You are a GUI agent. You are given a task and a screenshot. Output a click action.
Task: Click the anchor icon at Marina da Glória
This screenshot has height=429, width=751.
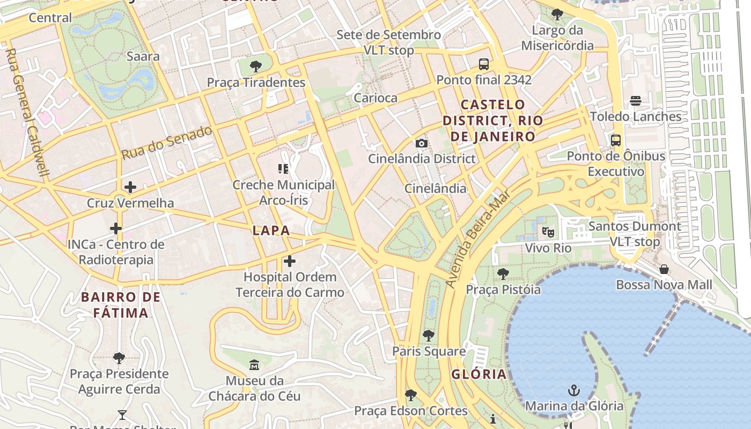click(574, 390)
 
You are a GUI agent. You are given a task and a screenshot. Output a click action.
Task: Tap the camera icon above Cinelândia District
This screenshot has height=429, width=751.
click(422, 143)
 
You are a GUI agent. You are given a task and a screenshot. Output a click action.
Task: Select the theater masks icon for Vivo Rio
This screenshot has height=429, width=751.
click(548, 232)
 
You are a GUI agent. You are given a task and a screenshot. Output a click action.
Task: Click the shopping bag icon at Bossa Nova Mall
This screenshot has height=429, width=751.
click(664, 269)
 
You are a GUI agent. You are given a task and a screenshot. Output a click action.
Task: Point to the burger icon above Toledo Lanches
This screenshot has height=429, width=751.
click(636, 101)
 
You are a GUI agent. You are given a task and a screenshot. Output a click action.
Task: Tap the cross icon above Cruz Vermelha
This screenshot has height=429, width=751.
click(130, 187)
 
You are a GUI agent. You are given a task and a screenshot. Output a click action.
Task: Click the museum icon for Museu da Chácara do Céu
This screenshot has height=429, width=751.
click(254, 365)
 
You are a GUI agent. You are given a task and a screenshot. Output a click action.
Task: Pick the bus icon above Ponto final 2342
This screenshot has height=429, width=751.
click(483, 64)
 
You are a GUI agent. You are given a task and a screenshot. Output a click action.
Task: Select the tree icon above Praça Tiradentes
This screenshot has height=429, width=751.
click(256, 66)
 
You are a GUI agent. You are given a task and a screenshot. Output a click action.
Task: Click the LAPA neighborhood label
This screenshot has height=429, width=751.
click(271, 231)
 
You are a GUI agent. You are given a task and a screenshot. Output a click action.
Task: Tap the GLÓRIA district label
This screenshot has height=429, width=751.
click(479, 374)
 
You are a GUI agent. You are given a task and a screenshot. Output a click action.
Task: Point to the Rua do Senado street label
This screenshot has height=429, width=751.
click(166, 143)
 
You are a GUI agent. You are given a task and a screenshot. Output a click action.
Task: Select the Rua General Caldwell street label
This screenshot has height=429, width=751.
click(27, 113)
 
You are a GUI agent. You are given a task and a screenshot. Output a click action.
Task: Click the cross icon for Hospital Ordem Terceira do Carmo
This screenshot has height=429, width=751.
click(290, 261)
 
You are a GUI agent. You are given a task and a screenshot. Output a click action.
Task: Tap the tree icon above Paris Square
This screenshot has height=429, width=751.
click(428, 336)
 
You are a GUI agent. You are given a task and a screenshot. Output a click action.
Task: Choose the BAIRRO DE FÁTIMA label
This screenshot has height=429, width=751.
click(121, 305)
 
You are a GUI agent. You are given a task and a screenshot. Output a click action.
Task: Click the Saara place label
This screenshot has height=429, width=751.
click(143, 56)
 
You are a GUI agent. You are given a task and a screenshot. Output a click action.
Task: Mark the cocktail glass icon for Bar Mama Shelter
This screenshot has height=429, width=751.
click(122, 415)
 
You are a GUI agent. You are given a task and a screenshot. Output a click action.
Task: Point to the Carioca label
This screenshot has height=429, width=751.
click(376, 98)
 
